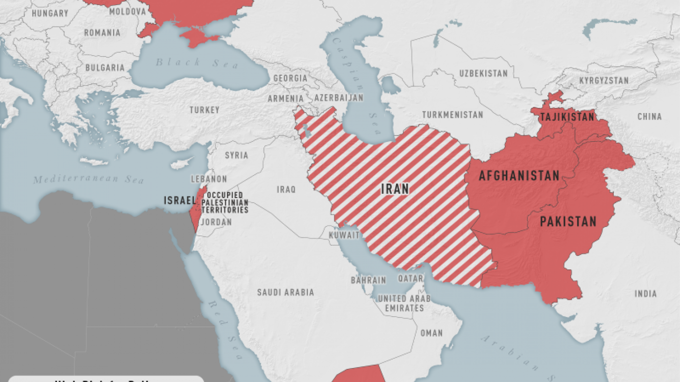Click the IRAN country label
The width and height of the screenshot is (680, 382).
click(x=395, y=189)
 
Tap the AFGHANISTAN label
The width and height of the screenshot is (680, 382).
click(x=518, y=176)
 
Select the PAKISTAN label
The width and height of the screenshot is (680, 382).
click(x=568, y=221)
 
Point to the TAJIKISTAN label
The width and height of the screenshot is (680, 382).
click(x=567, y=117)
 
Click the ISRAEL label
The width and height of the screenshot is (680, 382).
click(x=179, y=200)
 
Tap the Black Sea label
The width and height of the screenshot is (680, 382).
click(x=197, y=63)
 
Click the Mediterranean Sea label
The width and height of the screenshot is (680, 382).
click(x=89, y=179)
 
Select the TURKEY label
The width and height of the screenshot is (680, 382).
click(x=204, y=110)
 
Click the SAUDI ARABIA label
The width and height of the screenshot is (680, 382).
click(x=285, y=292)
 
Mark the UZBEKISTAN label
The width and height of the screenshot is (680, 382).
click(x=483, y=73)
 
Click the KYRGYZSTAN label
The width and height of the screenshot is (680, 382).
click(x=603, y=80)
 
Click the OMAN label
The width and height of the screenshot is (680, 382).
click(x=431, y=333)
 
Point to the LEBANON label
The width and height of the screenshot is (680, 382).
click(x=209, y=179)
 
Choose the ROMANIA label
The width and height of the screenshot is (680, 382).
click(x=102, y=33)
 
